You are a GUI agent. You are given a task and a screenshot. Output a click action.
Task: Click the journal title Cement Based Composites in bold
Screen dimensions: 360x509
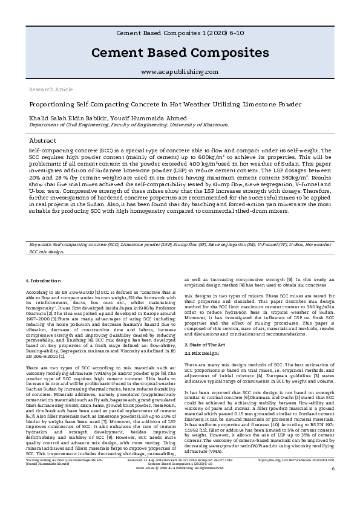(179, 53)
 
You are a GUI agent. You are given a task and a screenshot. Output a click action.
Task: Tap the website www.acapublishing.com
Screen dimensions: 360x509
(179, 71)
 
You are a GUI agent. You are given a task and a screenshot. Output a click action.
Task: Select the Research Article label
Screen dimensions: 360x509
(51, 89)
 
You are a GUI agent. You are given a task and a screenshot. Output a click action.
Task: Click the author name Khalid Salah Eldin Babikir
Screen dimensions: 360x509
(64, 117)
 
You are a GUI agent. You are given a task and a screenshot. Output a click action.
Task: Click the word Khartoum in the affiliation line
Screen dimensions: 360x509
(215, 125)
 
